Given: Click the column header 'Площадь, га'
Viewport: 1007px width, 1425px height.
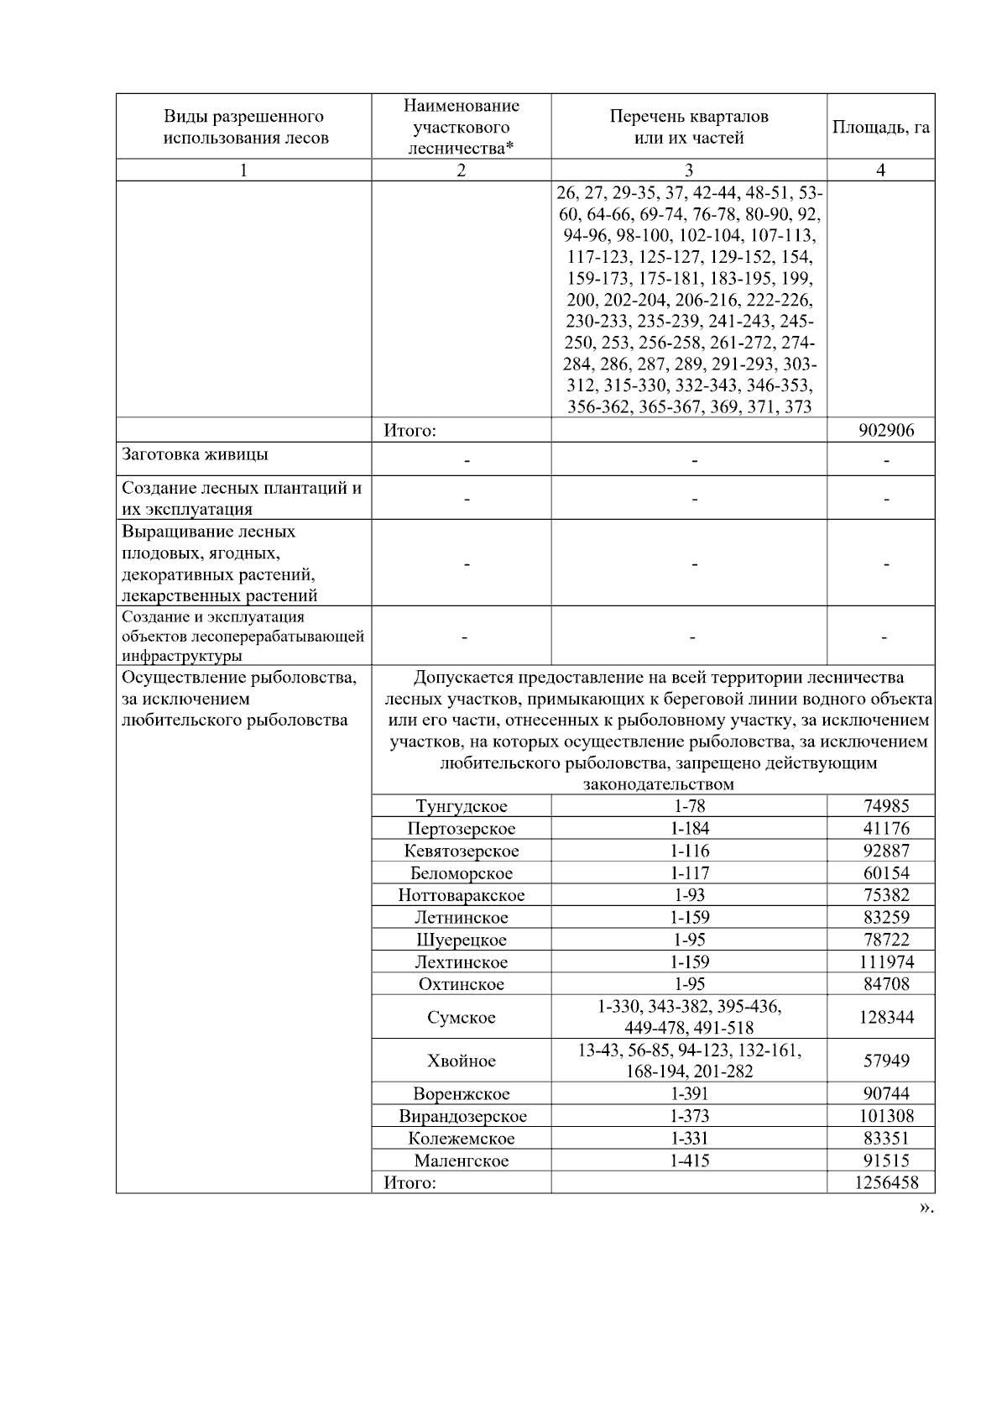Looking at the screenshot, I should pos(880,128).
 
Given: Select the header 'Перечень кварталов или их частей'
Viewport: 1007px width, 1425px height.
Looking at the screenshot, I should pos(688,128).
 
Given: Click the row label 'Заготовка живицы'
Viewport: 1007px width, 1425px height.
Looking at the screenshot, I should pos(196,454).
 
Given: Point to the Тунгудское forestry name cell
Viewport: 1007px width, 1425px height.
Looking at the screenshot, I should pos(461,806).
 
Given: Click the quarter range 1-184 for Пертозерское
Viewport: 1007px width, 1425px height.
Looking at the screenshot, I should pos(689,829).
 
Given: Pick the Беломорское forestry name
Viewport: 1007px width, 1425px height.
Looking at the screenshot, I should pos(461,873).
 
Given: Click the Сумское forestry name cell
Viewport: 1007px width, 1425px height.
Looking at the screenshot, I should pos(461,1018).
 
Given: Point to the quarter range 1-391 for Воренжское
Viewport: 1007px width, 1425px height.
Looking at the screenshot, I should pos(689,1094).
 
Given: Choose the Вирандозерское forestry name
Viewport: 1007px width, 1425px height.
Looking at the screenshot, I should pos(462,1117).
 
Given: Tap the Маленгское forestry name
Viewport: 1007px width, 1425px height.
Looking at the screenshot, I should pos(461,1161).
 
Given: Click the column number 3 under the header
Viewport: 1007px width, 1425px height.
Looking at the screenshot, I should pos(688,170).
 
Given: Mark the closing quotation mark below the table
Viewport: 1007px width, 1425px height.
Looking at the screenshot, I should pos(926,1208).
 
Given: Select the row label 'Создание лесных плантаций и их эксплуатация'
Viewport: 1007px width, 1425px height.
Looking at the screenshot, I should pos(242,498).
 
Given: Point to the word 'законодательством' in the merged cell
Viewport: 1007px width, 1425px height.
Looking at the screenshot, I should pos(659,784).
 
